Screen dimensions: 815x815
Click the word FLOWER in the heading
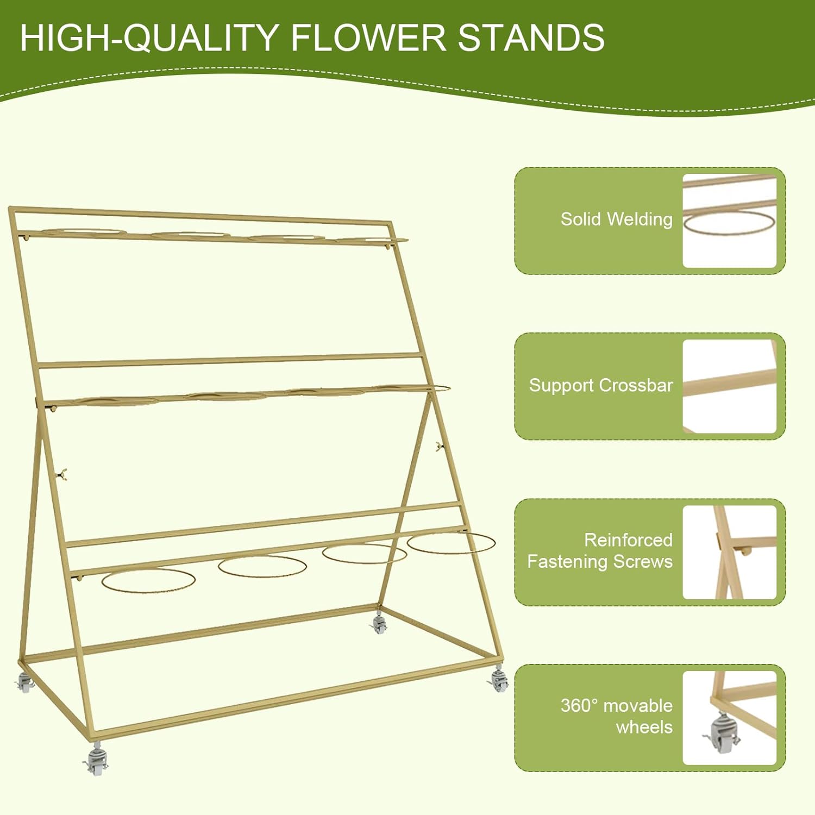click(368, 37)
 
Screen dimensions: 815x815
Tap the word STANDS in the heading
click(531, 37)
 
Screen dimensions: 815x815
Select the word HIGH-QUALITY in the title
click(149, 37)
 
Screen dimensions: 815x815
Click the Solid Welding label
click(616, 219)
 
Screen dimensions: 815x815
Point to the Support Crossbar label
click(600, 385)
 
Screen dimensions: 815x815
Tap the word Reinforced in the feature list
click(628, 540)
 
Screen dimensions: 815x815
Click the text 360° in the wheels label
click(578, 705)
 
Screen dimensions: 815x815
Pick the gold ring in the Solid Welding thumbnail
click(729, 223)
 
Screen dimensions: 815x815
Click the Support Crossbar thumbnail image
click(729, 386)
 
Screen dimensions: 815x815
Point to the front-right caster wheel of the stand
click(498, 680)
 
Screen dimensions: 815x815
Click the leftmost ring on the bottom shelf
click(148, 580)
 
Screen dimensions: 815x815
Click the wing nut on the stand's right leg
click(439, 447)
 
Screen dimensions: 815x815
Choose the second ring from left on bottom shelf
click(262, 566)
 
